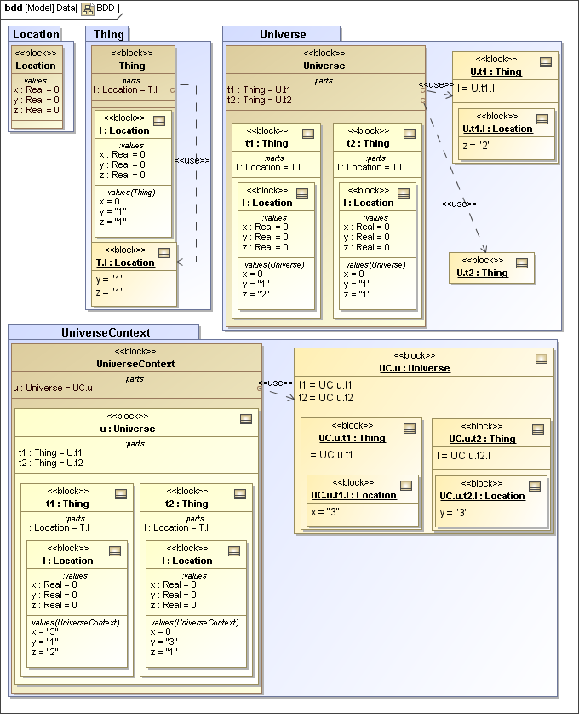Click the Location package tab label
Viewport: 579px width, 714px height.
click(36, 34)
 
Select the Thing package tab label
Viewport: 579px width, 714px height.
click(109, 34)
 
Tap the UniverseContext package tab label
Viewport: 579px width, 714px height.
click(106, 331)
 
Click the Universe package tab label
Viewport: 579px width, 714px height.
click(283, 34)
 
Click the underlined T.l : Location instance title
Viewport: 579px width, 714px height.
click(125, 262)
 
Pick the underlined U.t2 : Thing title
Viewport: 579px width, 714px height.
click(482, 273)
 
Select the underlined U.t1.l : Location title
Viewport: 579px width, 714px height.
click(497, 129)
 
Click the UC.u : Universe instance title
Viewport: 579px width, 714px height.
click(415, 368)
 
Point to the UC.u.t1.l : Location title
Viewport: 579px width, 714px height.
click(353, 495)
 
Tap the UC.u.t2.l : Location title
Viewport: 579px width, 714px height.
click(482, 496)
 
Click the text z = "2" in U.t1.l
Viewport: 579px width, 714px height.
click(475, 146)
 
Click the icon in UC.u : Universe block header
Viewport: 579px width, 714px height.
click(541, 358)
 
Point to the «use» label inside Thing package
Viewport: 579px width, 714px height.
click(192, 159)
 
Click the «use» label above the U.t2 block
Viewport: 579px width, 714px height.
click(459, 204)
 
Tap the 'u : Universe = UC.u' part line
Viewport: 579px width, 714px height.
click(53, 389)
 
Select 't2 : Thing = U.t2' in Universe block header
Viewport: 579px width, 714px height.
click(261, 100)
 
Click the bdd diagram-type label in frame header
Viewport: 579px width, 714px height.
click(13, 8)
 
